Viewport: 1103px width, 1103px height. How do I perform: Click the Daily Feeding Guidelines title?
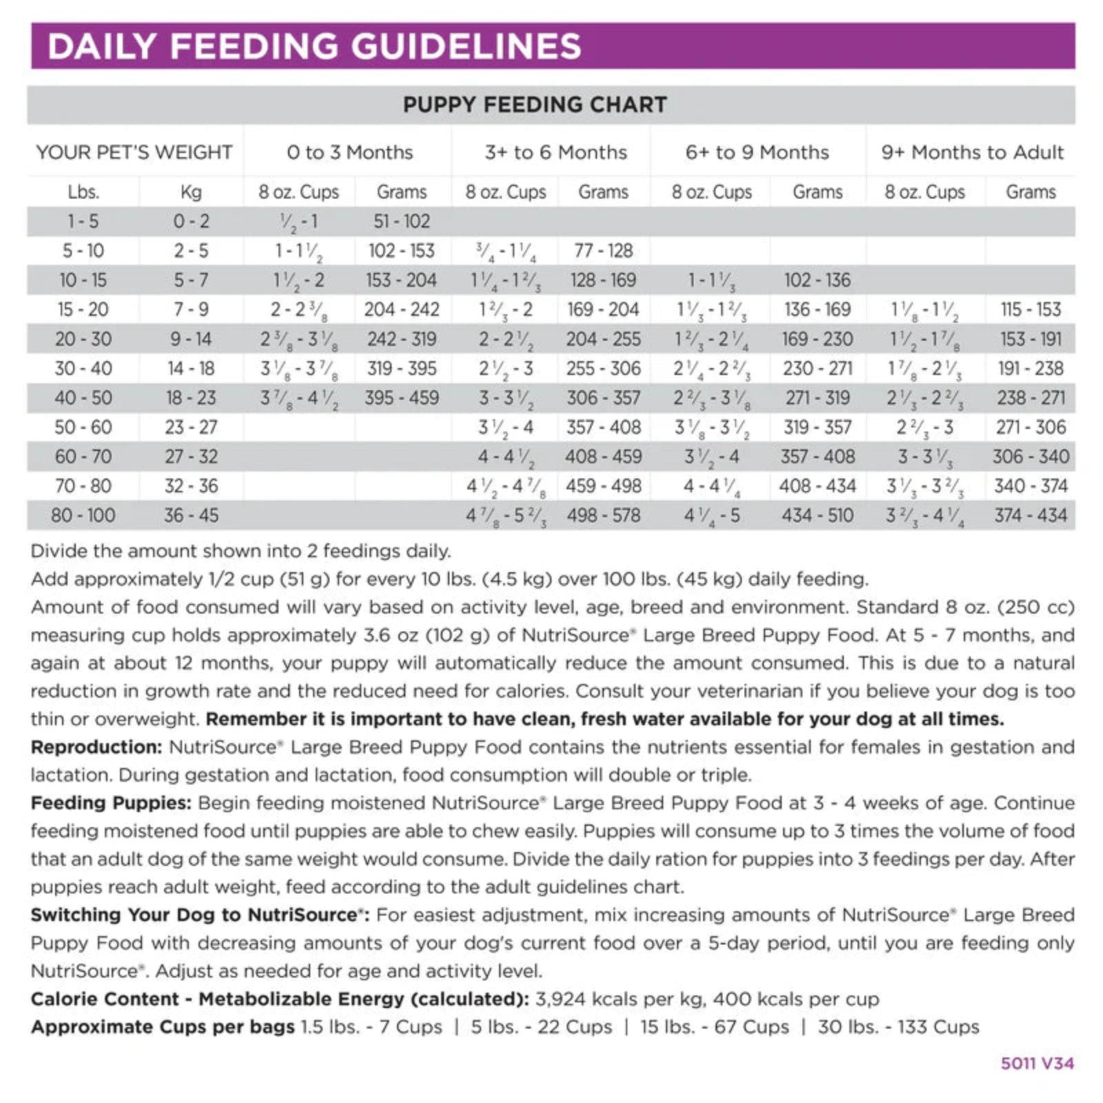coord(314,46)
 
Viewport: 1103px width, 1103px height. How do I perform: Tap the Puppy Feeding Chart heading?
coord(535,105)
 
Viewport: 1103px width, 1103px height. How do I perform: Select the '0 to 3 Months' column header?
coord(350,152)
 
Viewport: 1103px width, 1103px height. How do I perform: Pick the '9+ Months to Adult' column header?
coord(972,152)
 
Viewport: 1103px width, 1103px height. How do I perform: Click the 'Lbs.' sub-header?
coord(83,192)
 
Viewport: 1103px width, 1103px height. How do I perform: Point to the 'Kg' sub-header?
coord(190,192)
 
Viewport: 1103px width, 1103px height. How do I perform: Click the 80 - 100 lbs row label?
coord(83,515)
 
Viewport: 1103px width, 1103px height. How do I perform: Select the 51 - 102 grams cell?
coord(401,221)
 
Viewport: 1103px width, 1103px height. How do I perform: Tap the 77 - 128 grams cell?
coord(603,251)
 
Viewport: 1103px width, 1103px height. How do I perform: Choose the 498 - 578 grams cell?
coord(603,515)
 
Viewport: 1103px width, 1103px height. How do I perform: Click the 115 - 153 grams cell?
coord(1031,310)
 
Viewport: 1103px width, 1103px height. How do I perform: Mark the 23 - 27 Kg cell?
coord(190,427)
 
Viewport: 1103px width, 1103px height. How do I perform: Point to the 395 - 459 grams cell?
coord(401,398)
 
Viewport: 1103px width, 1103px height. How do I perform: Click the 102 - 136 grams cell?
coord(817,280)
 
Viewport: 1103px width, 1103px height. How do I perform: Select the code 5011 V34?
coord(1037,1064)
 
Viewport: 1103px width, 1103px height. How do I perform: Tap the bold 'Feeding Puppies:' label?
coord(111,803)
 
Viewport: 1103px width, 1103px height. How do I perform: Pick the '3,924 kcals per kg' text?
coord(620,999)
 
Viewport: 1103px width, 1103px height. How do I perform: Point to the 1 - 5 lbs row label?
coord(83,221)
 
